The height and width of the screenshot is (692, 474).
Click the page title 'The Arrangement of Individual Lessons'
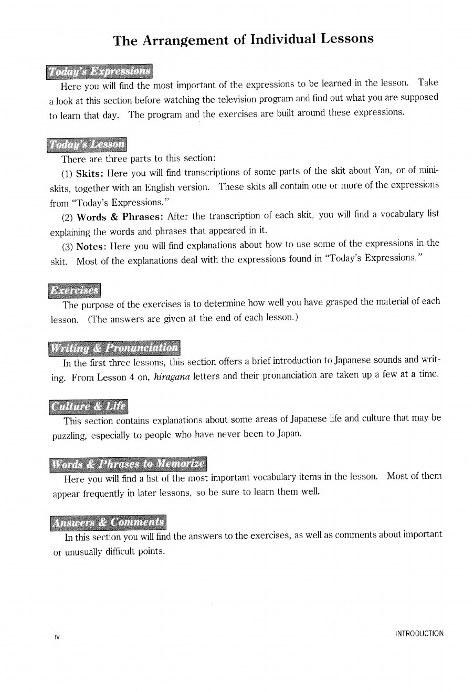(x=244, y=39)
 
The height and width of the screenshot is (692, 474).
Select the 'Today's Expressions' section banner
(x=99, y=71)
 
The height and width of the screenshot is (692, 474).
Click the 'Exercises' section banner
(x=74, y=290)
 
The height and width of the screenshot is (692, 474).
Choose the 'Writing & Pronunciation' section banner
(x=114, y=348)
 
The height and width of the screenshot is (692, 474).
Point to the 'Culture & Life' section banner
(x=89, y=406)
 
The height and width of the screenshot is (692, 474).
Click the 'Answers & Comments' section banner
(x=108, y=522)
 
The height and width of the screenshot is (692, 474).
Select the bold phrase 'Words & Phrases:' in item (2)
(x=120, y=217)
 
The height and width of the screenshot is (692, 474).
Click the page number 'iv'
(x=57, y=637)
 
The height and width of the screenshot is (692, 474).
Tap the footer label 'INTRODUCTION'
(x=419, y=634)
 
